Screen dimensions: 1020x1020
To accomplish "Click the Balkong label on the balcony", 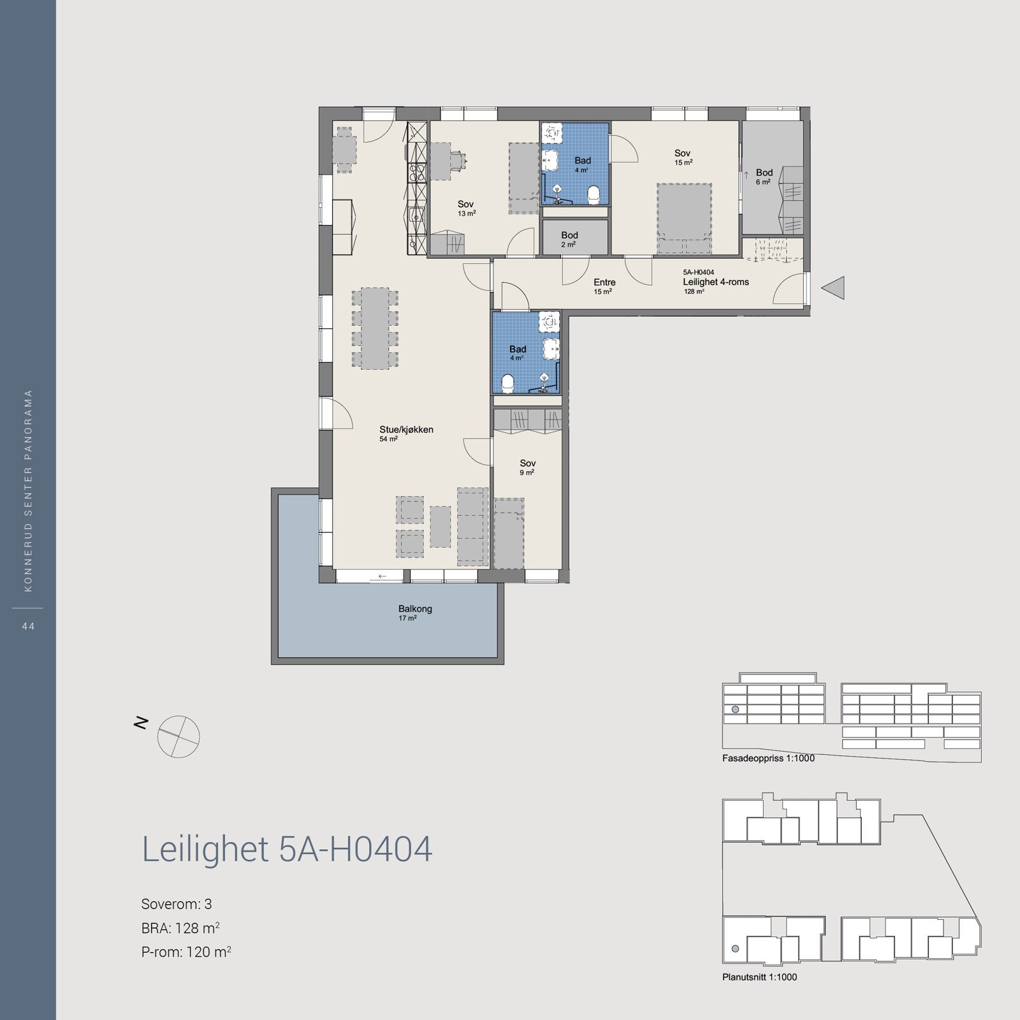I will point(415,609).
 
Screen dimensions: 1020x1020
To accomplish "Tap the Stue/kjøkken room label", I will point(406,430).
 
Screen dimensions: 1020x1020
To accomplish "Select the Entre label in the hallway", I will point(604,282).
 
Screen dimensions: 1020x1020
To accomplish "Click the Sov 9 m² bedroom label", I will point(527,463).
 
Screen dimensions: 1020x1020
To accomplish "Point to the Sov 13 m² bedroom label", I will point(465,205).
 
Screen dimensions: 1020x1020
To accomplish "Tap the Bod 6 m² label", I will point(764,173).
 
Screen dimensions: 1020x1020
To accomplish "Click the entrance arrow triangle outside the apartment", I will point(834,288).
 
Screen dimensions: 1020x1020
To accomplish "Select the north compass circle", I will point(178,736).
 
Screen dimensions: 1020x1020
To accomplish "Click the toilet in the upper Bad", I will point(594,194).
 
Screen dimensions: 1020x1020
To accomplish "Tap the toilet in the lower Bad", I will point(508,384).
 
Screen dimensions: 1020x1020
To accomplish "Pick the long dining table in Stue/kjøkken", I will point(376,328).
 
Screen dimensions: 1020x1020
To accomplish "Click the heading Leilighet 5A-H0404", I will point(287,849).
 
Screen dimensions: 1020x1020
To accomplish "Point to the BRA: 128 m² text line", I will point(181,928).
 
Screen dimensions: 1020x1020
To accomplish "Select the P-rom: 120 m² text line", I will point(186,952).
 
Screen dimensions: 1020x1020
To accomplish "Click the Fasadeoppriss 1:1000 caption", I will point(768,759).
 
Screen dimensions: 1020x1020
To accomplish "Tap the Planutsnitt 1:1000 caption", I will point(759,977).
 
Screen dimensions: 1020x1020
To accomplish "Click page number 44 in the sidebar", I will point(27,627).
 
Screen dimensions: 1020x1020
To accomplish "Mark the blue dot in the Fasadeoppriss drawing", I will point(735,710).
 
